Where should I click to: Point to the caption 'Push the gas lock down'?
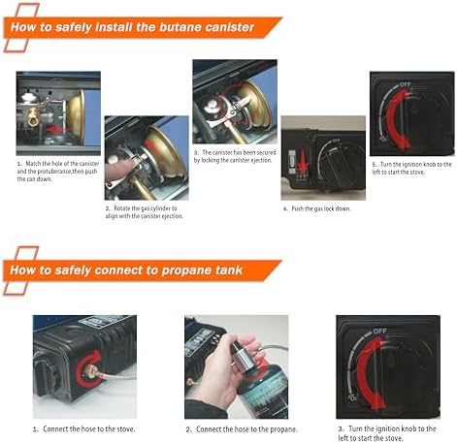[317, 208]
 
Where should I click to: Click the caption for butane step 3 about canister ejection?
[234, 157]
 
